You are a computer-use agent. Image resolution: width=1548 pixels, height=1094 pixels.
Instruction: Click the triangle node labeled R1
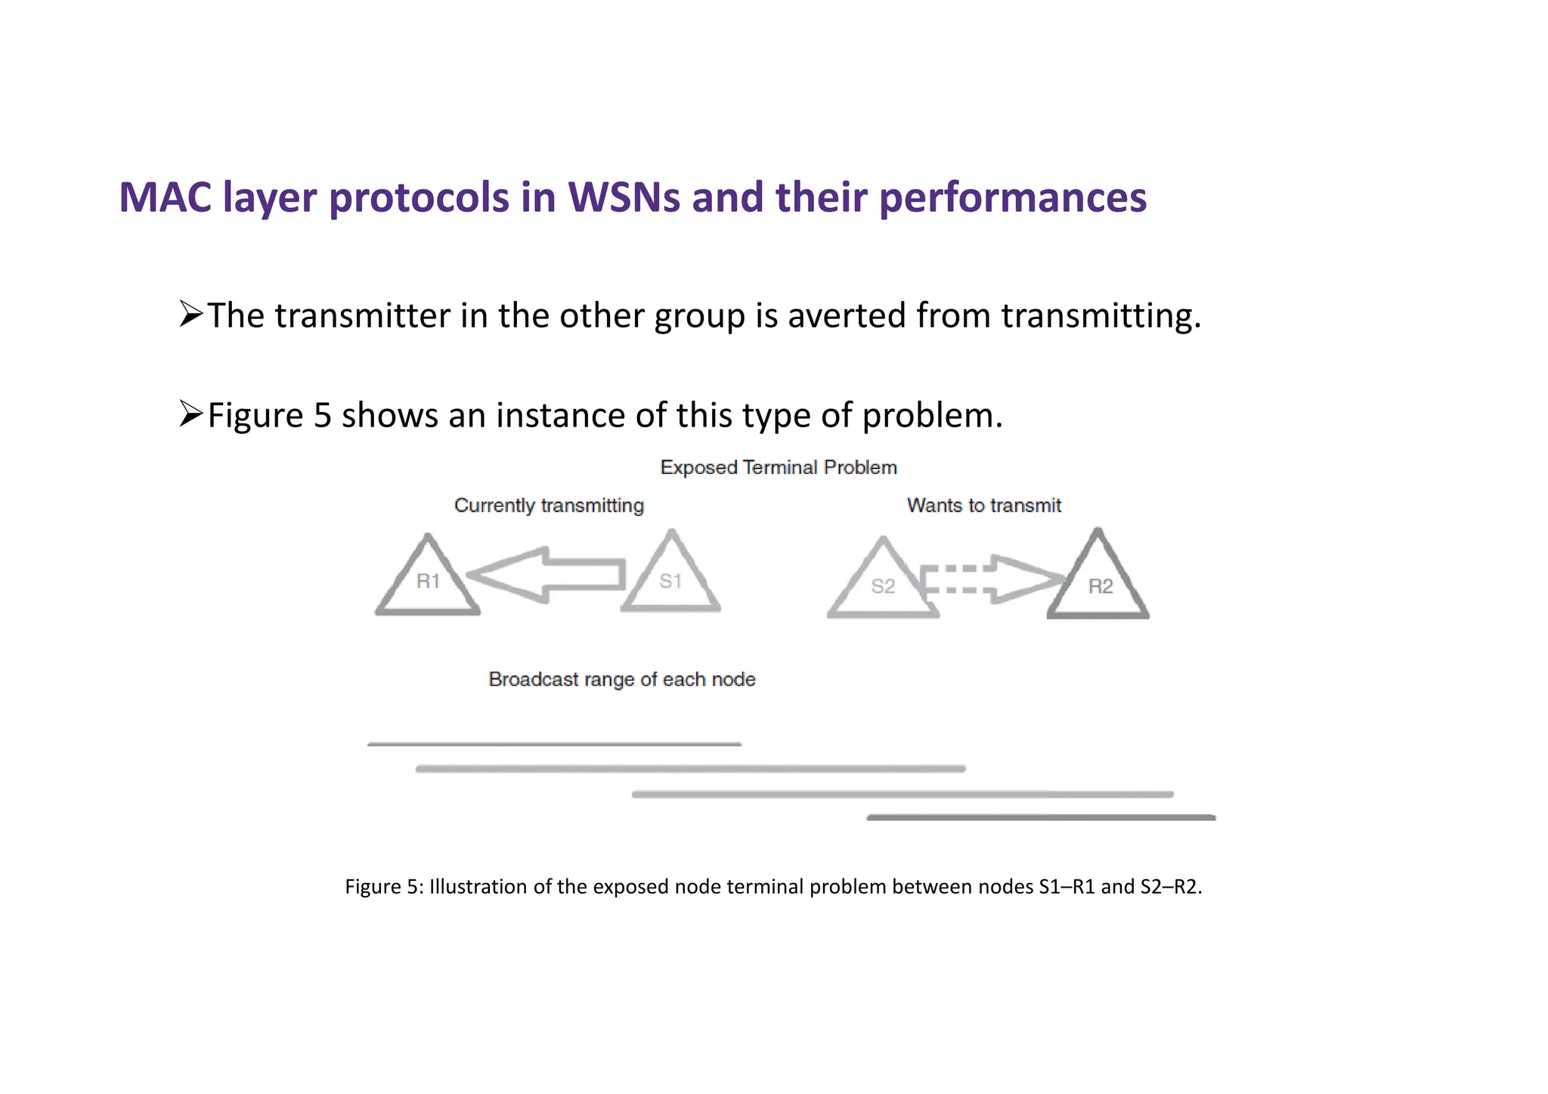click(428, 579)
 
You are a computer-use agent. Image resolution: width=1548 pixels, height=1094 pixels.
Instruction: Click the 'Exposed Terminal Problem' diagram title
click(778, 467)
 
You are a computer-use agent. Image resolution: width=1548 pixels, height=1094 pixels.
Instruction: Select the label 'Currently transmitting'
click(549, 505)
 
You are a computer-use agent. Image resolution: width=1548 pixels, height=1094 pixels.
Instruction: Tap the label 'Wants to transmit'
click(983, 505)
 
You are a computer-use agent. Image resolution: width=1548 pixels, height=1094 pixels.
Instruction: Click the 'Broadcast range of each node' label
click(621, 679)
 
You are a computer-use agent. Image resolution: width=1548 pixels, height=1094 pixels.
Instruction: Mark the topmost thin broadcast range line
click(554, 745)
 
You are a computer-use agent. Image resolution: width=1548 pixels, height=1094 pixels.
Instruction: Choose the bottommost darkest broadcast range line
click(1041, 817)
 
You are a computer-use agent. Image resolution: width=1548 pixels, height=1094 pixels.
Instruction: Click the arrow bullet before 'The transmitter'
click(191, 314)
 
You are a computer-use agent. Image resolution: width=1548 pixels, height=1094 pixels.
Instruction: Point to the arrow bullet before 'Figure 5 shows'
click(191, 414)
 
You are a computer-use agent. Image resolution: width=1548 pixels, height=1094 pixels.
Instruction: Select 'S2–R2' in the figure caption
click(1169, 886)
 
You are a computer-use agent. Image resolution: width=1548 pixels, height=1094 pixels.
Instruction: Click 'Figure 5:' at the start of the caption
click(384, 886)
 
